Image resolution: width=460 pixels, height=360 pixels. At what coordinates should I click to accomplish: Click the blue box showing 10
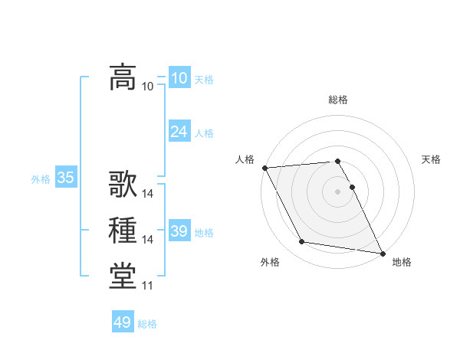(179, 78)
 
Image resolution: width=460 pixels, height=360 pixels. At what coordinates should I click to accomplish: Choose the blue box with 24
(179, 132)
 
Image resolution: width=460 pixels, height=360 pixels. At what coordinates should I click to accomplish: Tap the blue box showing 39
(179, 231)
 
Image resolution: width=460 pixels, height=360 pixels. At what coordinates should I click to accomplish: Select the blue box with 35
(65, 178)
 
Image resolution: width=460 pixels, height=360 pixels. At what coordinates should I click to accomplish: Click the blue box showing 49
(122, 322)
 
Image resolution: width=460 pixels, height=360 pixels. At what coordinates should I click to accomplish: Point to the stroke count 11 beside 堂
(147, 286)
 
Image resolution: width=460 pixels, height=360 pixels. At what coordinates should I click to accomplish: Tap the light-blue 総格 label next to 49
(147, 324)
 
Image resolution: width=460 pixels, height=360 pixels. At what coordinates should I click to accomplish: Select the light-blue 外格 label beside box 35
(41, 179)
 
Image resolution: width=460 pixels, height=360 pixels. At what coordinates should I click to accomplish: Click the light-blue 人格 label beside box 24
(204, 133)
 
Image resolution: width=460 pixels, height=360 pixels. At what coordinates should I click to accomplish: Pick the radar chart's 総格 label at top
(338, 100)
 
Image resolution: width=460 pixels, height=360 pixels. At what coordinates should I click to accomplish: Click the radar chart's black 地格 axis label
(402, 262)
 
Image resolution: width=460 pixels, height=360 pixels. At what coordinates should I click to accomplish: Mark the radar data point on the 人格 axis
(264, 168)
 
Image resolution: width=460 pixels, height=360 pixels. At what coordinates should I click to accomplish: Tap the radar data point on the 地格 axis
(382, 252)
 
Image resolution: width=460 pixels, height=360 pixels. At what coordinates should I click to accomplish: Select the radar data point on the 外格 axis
(302, 242)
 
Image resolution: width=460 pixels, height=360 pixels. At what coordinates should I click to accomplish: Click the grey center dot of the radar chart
(338, 191)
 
